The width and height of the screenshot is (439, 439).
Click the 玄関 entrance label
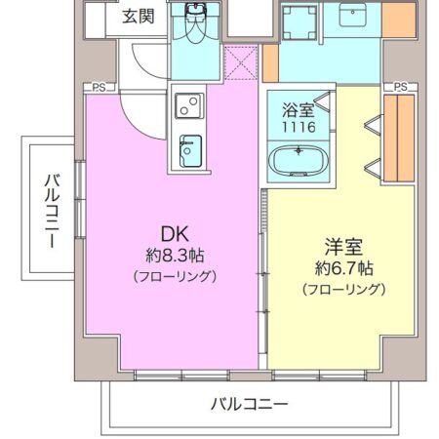139,17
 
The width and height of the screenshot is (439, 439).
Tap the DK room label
175,234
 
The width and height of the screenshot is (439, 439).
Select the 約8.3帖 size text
175,256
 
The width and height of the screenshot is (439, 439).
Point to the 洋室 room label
343,247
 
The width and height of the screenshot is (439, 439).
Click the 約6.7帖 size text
343,268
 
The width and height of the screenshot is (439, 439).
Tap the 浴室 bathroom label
299,109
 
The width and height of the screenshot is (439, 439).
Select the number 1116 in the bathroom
299,127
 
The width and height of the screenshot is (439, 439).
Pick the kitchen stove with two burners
189,105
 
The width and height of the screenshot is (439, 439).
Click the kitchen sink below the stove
190,151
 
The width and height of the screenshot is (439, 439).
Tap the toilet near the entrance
196,22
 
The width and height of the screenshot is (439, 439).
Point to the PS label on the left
99,88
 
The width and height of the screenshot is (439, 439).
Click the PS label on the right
400,87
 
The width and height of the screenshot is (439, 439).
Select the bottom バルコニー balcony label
250,404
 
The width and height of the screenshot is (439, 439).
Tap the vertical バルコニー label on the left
52,211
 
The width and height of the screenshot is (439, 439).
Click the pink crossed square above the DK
241,63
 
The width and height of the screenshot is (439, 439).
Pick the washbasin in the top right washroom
353,15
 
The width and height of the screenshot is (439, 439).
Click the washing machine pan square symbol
299,22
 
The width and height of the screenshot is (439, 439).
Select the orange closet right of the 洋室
399,138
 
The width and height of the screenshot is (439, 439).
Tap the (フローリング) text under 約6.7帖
343,289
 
